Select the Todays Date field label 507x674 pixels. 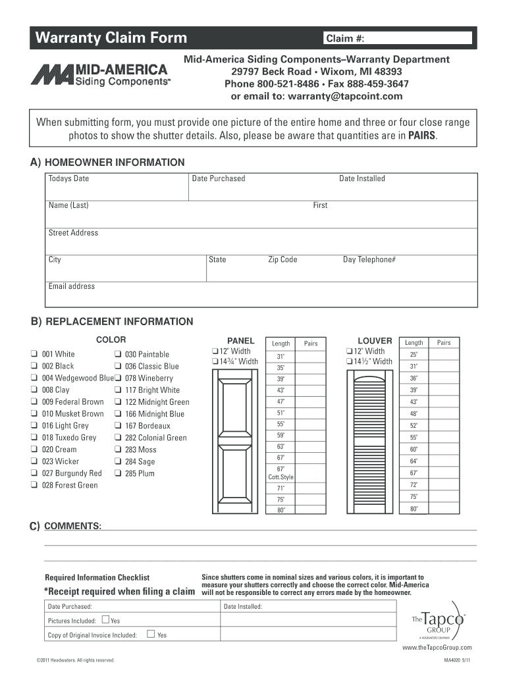click(x=68, y=179)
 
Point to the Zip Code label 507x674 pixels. click(x=282, y=260)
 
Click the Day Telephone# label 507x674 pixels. click(x=369, y=260)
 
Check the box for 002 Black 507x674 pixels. click(x=33, y=366)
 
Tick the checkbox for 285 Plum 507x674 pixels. click(x=117, y=473)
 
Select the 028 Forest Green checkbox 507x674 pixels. click(x=33, y=485)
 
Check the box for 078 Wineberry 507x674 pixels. click(x=117, y=378)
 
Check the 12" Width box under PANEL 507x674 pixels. click(x=214, y=351)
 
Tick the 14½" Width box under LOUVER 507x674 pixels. click(x=348, y=361)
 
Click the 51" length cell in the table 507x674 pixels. click(x=280, y=413)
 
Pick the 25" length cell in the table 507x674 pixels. click(x=414, y=355)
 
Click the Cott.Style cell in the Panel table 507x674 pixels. click(x=280, y=473)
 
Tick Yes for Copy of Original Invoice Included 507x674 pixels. click(x=151, y=635)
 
